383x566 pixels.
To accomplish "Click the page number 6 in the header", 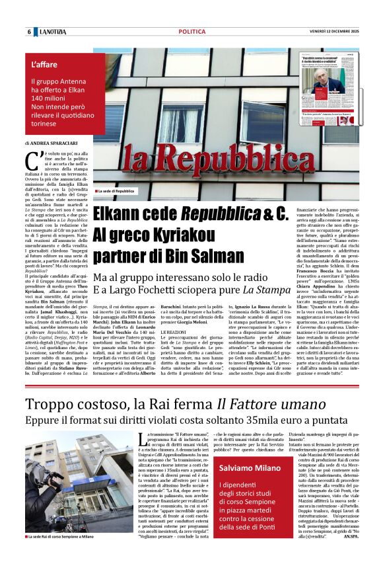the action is (x=29, y=32).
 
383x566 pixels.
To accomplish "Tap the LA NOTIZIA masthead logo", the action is (x=53, y=32).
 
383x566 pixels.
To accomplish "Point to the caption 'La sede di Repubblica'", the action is (x=120, y=191).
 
